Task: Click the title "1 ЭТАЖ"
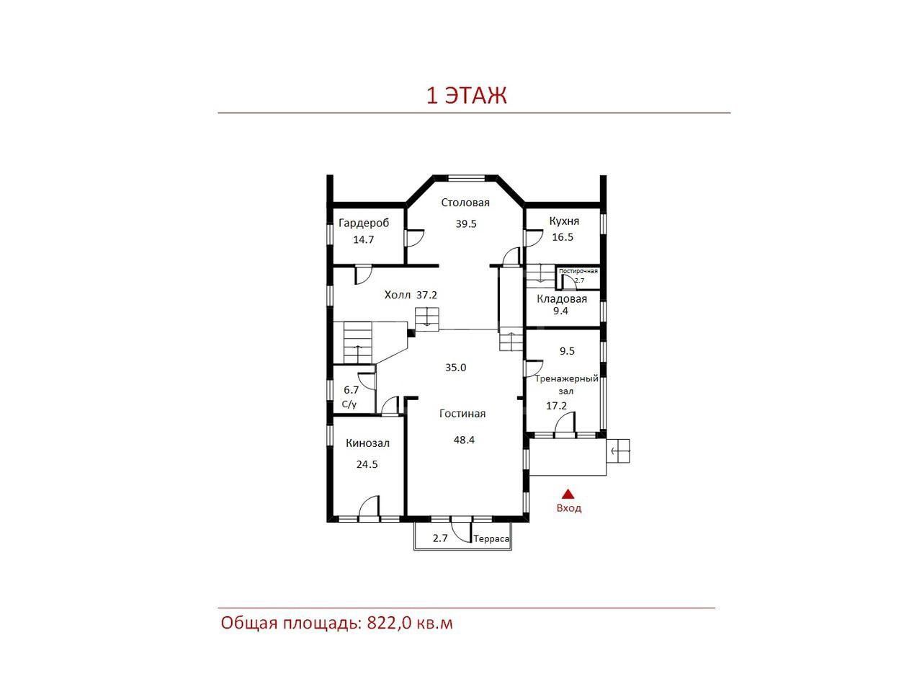(467, 95)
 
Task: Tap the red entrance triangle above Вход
(568, 493)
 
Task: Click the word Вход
(569, 508)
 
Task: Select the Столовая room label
(465, 203)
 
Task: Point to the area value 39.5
(466, 224)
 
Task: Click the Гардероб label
(364, 223)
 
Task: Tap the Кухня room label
(564, 221)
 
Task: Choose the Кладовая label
(562, 299)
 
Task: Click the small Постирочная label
(578, 272)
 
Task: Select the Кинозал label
(367, 443)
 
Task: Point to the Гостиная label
(462, 414)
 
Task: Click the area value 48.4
(464, 440)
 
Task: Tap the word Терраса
(491, 538)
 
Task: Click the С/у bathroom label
(349, 404)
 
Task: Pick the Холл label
(398, 295)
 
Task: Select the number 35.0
(455, 368)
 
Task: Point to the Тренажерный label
(567, 379)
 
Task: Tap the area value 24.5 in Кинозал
(367, 464)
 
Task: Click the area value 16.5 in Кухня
(563, 237)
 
